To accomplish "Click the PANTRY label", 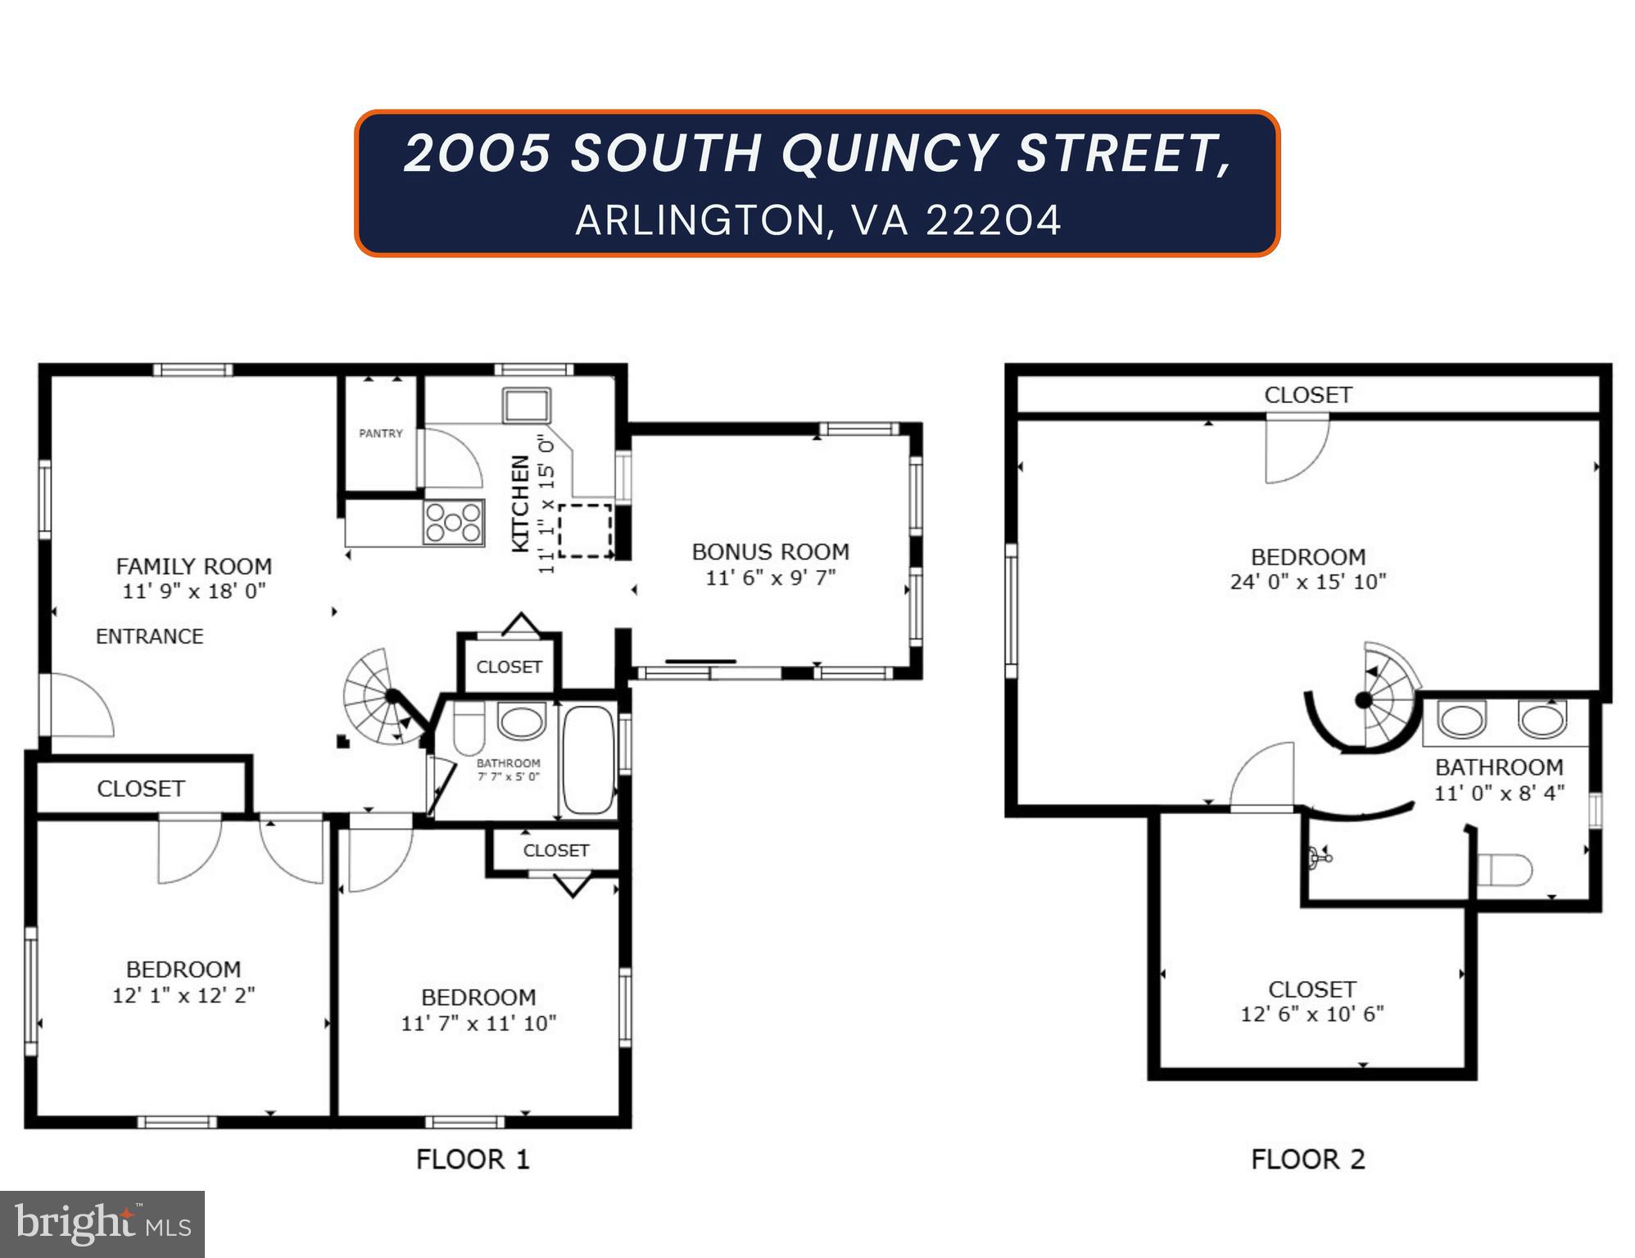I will click(x=381, y=433).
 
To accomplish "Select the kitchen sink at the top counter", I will click(x=526, y=405).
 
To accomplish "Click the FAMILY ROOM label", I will click(x=194, y=567).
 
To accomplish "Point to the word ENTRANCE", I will click(x=149, y=636).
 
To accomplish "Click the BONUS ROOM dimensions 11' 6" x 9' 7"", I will click(x=770, y=577).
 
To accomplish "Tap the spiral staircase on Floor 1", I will click(x=382, y=697).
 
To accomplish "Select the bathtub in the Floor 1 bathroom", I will click(x=588, y=759).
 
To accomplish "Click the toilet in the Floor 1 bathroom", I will click(x=469, y=731).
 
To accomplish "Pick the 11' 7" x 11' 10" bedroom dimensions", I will click(x=478, y=1023).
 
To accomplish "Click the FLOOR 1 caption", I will click(x=473, y=1160).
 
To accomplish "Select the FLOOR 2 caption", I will click(x=1307, y=1160).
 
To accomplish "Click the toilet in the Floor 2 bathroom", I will click(x=1506, y=870).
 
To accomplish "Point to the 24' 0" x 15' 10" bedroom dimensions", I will click(x=1307, y=581).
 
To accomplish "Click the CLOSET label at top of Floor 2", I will click(x=1307, y=395).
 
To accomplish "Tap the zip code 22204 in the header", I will click(x=993, y=220).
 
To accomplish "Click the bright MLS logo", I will click(x=102, y=1224).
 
